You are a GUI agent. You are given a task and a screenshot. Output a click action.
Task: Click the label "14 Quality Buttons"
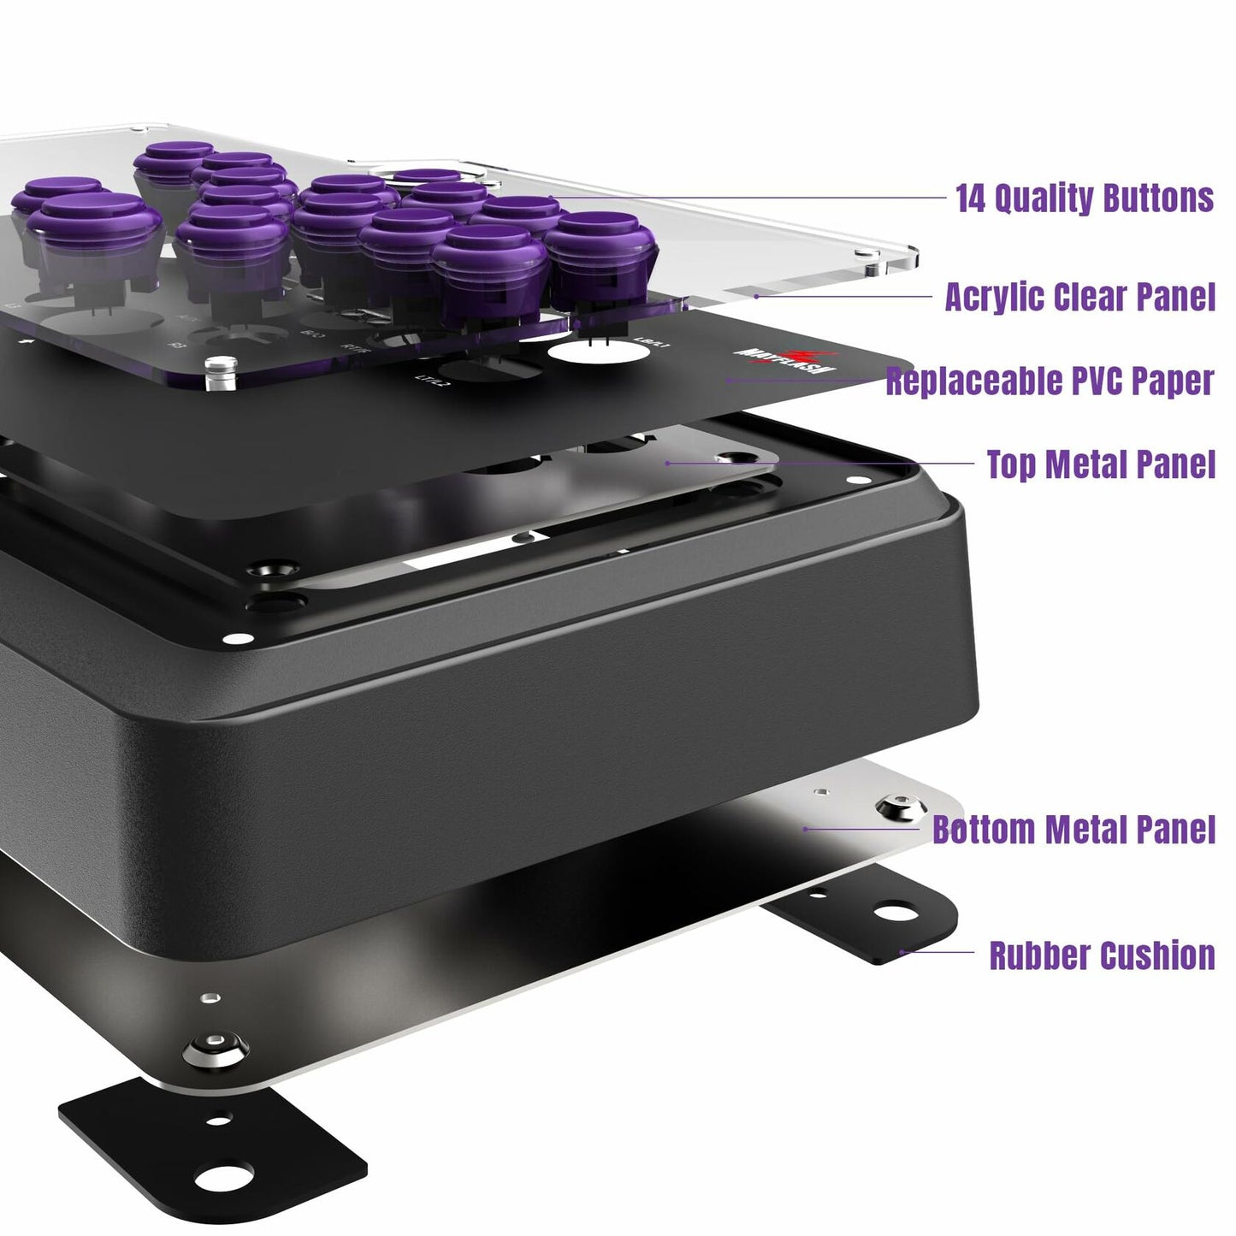[x=1085, y=198]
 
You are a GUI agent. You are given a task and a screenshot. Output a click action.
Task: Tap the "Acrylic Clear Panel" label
[x=1079, y=297]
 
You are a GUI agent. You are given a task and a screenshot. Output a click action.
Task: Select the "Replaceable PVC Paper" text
[x=1050, y=381]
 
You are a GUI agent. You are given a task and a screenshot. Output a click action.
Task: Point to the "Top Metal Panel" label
[x=1101, y=464]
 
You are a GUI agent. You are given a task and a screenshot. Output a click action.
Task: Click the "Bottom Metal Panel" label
[x=1073, y=829]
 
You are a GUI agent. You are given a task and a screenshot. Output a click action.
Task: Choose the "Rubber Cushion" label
[x=1102, y=955]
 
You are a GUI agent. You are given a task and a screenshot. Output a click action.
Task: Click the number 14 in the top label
[x=972, y=198]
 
